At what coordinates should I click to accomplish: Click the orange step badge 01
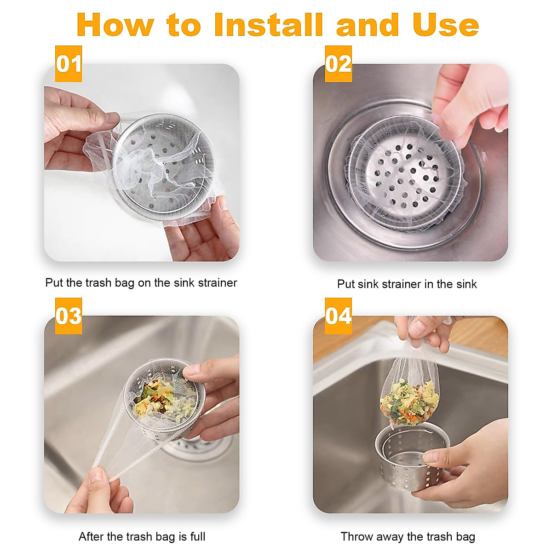pos(69,64)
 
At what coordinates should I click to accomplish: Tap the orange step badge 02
pos(338,64)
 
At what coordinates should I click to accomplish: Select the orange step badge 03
pos(69,316)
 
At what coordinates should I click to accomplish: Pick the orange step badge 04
pos(338,316)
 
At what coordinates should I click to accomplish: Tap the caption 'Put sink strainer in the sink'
pos(407,284)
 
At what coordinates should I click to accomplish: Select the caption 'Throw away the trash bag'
pos(408,536)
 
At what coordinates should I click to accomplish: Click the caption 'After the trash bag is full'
pos(142,536)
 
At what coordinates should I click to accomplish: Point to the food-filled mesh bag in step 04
pos(407,400)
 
